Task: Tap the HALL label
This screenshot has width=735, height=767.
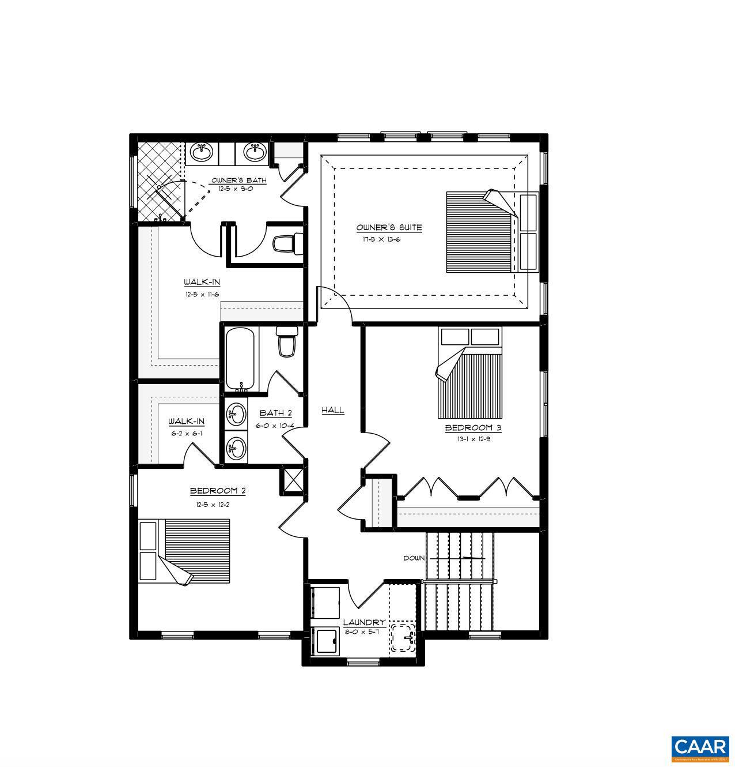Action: pos(332,410)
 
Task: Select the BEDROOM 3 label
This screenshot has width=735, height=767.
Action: pos(473,428)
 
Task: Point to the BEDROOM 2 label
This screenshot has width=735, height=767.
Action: pos(218,491)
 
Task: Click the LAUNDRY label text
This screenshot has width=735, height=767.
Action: pos(364,622)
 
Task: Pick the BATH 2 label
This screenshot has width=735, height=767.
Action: pos(275,413)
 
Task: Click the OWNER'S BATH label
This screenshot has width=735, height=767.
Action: pos(238,181)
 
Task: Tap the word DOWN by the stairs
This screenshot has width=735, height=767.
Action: pos(414,558)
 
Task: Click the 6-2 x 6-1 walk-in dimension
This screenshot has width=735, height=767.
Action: pos(185,433)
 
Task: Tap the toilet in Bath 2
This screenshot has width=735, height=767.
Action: pos(286,341)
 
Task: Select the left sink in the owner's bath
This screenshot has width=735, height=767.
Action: pos(202,153)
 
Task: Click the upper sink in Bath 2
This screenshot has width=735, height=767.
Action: pos(236,413)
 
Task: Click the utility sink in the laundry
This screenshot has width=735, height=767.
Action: pos(403,637)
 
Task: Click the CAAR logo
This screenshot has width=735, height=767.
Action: pos(700,748)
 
